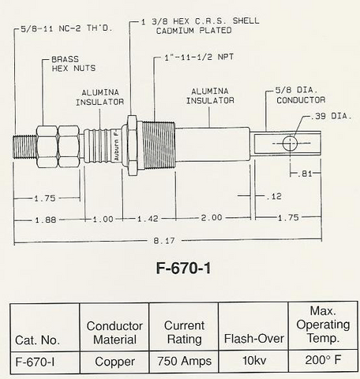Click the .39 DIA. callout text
coord(330,116)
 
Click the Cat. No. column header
coord(37,340)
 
